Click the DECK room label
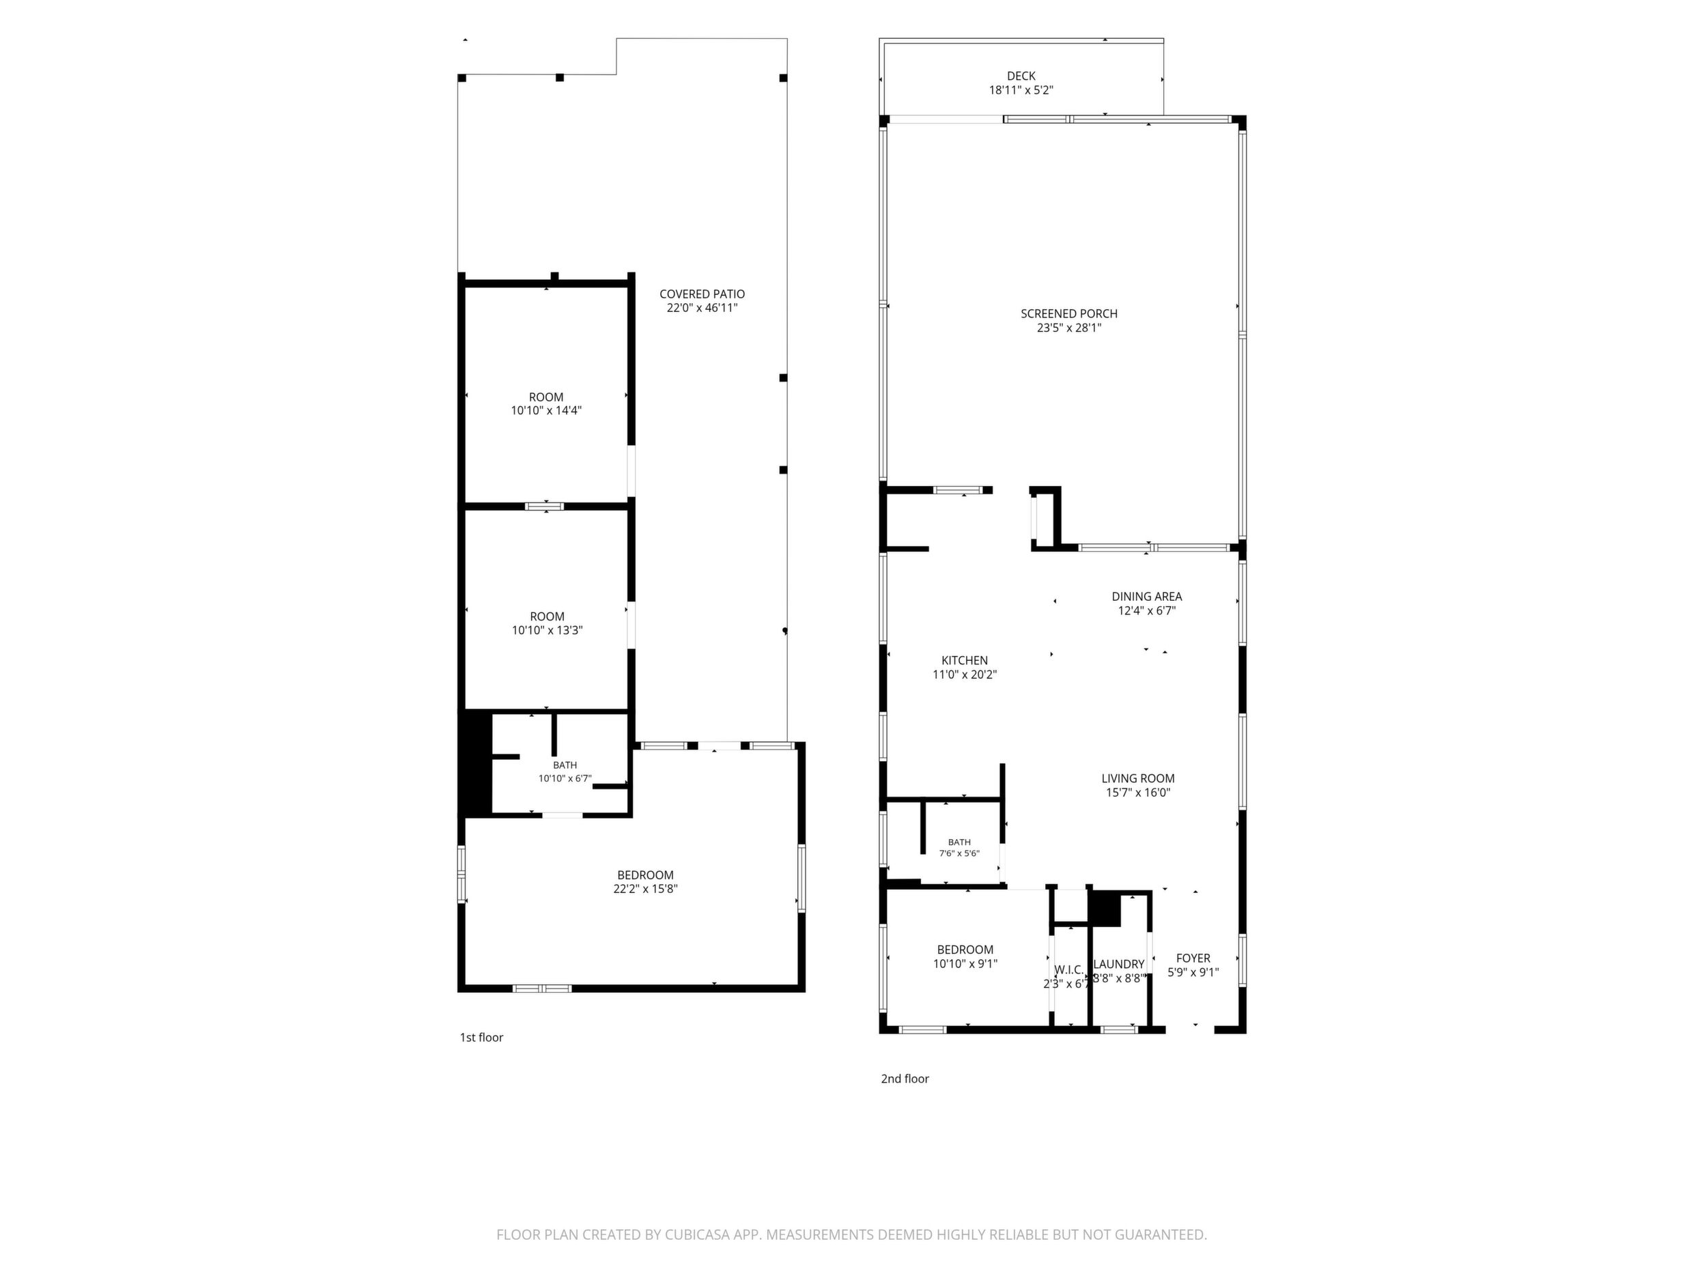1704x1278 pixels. tap(1021, 76)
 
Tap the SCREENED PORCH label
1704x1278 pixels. tap(1068, 313)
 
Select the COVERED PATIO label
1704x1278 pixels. tap(702, 294)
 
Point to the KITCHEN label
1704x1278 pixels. tap(965, 660)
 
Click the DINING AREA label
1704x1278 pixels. tap(1146, 596)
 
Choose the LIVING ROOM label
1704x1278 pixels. tap(1138, 778)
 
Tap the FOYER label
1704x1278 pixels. tap(1193, 958)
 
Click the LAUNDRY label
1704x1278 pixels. tap(1118, 964)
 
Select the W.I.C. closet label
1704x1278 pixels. tap(1068, 970)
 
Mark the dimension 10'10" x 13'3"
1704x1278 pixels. tap(547, 630)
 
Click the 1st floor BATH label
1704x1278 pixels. tap(565, 765)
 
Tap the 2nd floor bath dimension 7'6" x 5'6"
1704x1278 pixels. tap(959, 853)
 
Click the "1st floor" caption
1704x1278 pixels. tap(481, 1038)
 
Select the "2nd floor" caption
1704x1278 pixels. tap(905, 1079)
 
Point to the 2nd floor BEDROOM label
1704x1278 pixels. tap(965, 950)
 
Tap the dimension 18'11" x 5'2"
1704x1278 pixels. tap(1021, 90)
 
